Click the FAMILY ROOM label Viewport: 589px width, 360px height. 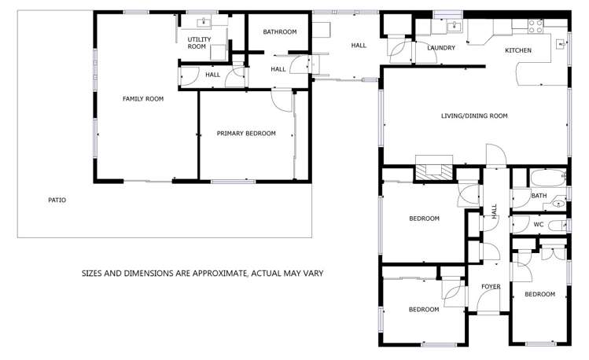pos(143,99)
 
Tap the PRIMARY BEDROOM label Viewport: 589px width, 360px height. pos(246,134)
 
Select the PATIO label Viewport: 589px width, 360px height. pos(57,200)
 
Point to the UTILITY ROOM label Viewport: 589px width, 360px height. pos(199,42)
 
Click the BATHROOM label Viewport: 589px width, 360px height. pos(280,32)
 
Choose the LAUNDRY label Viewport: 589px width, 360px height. pos(441,48)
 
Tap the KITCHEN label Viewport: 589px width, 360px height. pos(518,50)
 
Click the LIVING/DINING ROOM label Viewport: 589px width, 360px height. pos(474,116)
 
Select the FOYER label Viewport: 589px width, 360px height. pos(491,286)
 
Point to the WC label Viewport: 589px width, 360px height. pos(539,225)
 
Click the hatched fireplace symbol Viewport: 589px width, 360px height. pos(434,172)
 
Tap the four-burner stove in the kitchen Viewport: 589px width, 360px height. pos(536,25)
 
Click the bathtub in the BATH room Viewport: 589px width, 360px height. pos(547,178)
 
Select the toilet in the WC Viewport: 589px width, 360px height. pos(558,226)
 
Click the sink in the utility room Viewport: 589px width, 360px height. pos(204,22)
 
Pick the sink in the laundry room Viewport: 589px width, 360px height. pos(455,27)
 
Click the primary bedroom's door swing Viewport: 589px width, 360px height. pos(282,101)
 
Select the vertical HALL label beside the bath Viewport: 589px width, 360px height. pos(494,211)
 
